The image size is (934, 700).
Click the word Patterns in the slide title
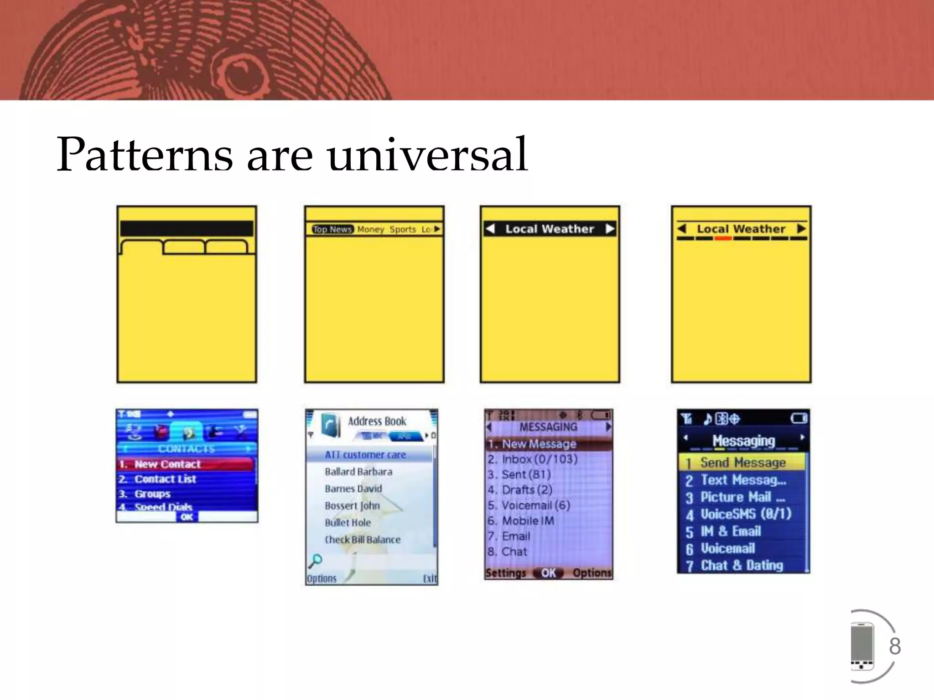145,155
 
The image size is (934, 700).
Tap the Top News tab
332,229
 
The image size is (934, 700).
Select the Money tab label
370,229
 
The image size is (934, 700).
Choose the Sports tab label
402,229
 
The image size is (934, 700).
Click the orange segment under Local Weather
723,238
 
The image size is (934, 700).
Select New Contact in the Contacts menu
167,464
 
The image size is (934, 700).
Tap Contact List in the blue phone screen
165,479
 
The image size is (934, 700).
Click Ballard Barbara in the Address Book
358,472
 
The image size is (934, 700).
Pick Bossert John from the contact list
352,506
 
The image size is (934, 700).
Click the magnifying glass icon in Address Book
315,561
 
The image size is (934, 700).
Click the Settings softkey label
505,573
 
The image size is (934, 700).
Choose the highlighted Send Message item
743,463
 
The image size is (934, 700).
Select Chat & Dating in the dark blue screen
742,566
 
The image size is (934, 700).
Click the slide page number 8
895,646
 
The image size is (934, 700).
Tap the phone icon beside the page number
862,646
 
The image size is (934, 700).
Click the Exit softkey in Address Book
430,579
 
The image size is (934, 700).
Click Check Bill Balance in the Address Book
363,540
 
